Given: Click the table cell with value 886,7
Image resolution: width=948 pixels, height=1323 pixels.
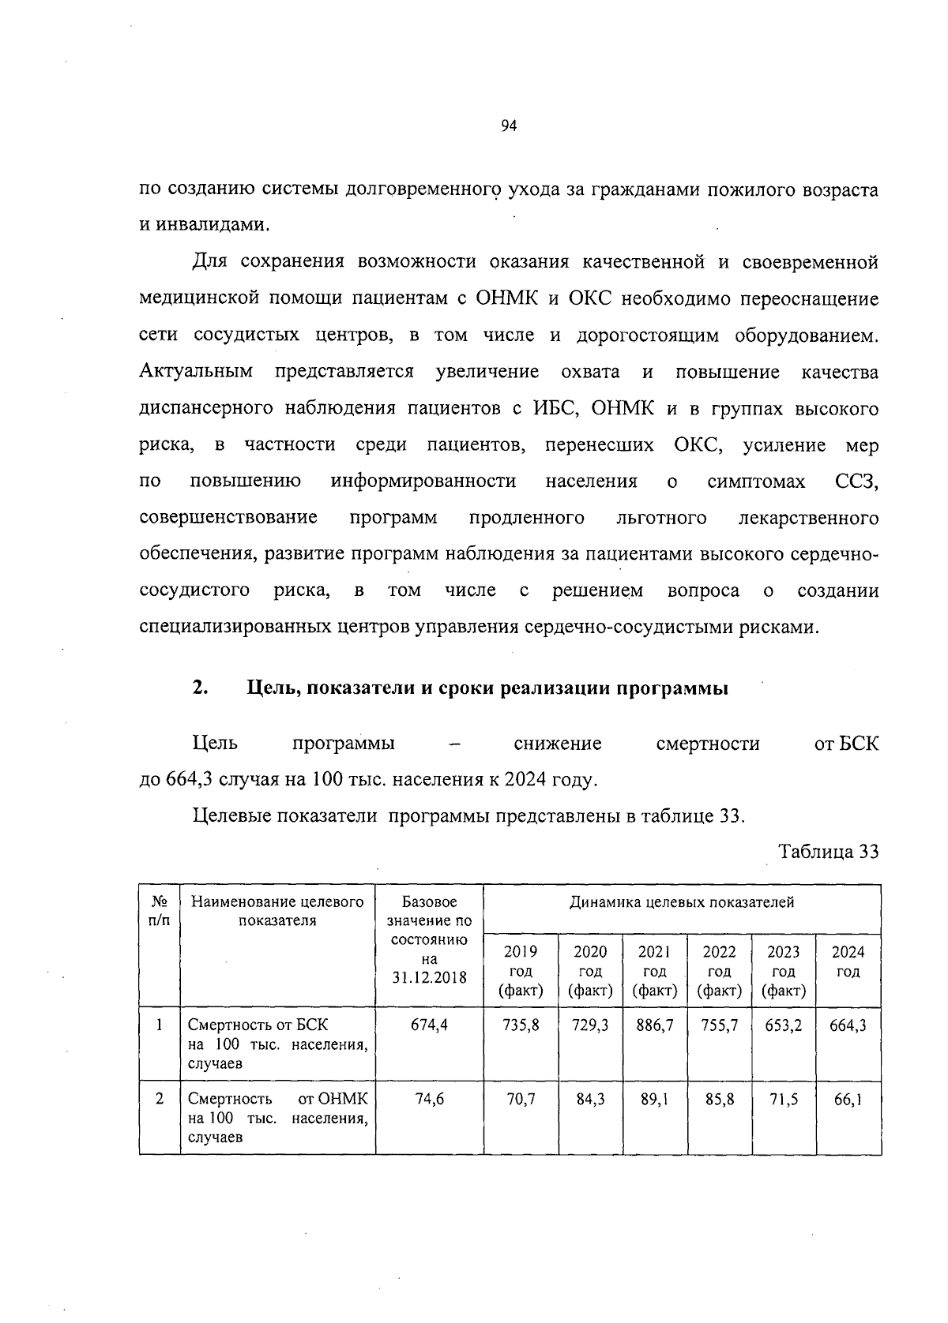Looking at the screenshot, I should [x=655, y=1025].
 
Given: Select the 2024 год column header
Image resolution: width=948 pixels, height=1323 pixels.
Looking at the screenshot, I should [x=848, y=961].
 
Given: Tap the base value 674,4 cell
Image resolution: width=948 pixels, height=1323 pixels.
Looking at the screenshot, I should [x=429, y=1025].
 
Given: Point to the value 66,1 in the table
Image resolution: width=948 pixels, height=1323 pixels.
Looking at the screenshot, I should [x=848, y=1099].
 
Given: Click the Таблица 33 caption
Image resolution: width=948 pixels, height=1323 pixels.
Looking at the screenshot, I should [x=828, y=852].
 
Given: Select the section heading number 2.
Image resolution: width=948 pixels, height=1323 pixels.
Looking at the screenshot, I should [x=199, y=688].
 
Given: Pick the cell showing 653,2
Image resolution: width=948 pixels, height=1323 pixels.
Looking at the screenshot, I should [x=783, y=1025].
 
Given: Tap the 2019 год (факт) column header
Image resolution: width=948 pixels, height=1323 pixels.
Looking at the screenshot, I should [x=521, y=971].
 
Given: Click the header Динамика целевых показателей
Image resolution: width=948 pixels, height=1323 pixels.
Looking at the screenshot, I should [x=682, y=902].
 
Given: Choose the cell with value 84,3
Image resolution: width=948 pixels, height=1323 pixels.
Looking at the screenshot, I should [x=590, y=1099].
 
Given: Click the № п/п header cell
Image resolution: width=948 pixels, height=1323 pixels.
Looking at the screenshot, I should [x=159, y=910].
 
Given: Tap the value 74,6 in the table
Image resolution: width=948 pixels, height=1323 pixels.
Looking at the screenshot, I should [x=429, y=1099].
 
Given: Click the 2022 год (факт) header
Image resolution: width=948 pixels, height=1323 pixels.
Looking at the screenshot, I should [x=719, y=971].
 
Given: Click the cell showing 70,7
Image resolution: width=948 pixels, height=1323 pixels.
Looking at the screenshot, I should [x=521, y=1099].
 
